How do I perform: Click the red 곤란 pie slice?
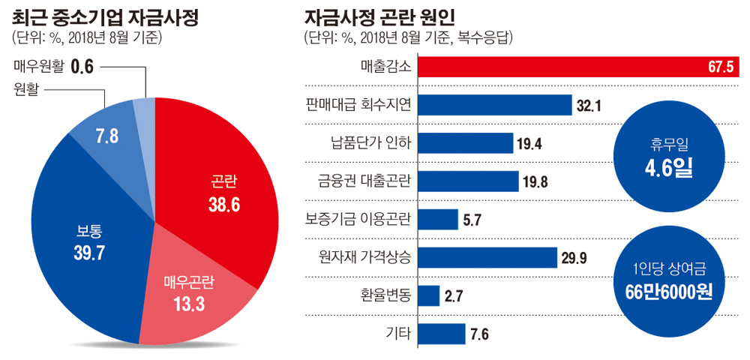(x=217, y=195)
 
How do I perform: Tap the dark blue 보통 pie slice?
(x=82, y=240)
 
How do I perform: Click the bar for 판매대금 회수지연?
(x=495, y=105)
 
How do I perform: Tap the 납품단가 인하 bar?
(x=465, y=143)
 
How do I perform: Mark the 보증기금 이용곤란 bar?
(x=437, y=219)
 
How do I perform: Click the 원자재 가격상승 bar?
(x=487, y=257)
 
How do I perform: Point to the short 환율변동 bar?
(x=428, y=295)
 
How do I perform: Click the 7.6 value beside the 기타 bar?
(x=480, y=334)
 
